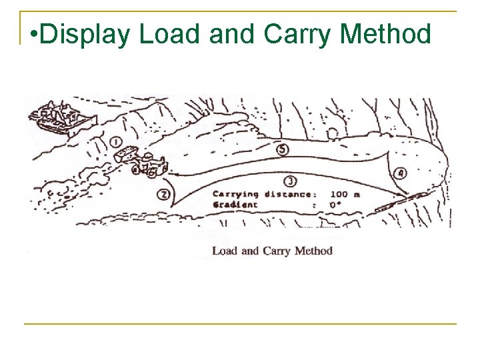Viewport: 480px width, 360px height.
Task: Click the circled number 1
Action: pyautogui.click(x=115, y=141)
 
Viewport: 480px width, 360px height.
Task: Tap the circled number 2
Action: pyautogui.click(x=163, y=194)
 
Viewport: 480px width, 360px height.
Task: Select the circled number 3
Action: pyautogui.click(x=289, y=181)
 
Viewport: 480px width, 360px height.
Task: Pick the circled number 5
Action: pyautogui.click(x=283, y=150)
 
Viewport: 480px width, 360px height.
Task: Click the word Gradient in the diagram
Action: pyautogui.click(x=234, y=205)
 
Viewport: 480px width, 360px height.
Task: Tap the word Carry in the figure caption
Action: pyautogui.click(x=277, y=251)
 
